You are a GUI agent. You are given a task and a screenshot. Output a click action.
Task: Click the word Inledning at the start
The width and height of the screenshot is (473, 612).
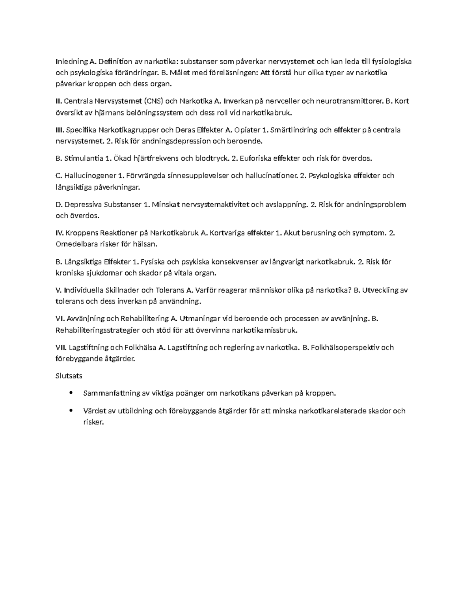click(x=71, y=61)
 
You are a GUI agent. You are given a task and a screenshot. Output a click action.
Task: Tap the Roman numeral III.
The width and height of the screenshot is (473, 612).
click(x=60, y=130)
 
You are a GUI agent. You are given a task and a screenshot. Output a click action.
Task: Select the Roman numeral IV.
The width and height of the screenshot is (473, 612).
click(x=60, y=233)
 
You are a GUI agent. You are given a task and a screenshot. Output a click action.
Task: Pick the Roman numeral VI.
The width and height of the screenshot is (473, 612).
click(x=60, y=318)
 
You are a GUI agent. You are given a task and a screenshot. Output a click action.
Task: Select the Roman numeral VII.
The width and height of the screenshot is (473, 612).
click(x=61, y=348)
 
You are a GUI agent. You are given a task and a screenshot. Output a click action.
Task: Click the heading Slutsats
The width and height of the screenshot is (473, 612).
click(x=69, y=376)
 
